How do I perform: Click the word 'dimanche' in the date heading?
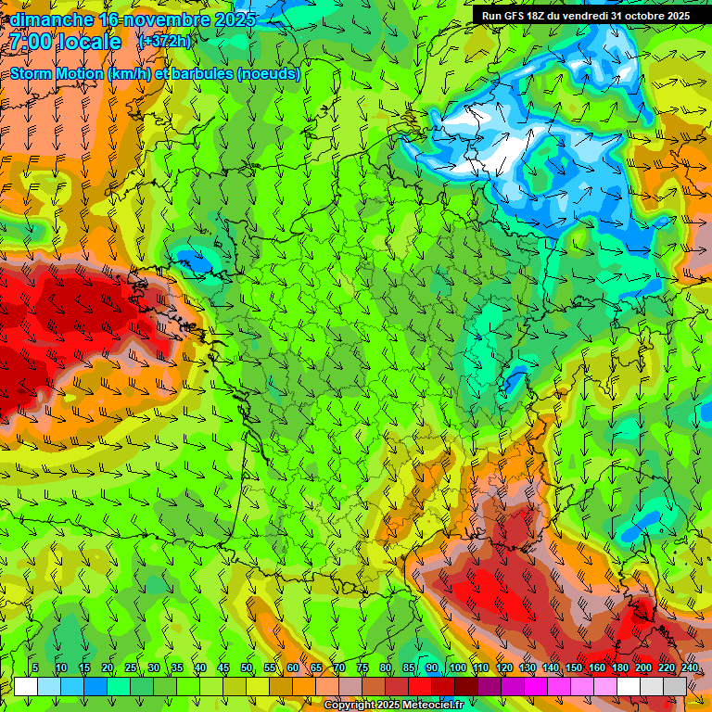click(x=52, y=19)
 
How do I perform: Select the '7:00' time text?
click(x=32, y=42)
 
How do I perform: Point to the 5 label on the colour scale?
click(x=35, y=668)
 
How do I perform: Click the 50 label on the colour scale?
click(x=247, y=668)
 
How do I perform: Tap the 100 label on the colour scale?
click(x=457, y=668)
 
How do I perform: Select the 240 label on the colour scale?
click(x=689, y=668)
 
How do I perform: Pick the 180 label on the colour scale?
click(x=619, y=668)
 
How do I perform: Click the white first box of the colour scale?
click(x=26, y=686)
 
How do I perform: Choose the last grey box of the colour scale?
click(x=675, y=686)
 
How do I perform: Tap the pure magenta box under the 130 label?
click(x=536, y=686)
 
